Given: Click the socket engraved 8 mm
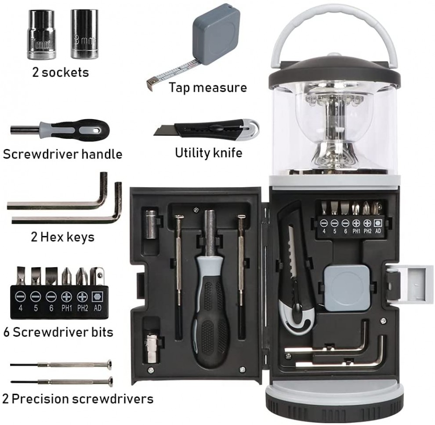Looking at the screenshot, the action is (84, 34).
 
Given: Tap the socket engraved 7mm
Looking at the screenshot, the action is (41, 34).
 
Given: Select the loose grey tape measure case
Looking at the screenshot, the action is (216, 34).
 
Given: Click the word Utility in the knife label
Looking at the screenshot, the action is (190, 153).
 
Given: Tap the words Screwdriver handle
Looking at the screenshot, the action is (62, 154).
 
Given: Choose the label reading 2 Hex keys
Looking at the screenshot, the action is (62, 237).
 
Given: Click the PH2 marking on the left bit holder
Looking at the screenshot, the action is (83, 308).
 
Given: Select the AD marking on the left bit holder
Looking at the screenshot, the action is (98, 308).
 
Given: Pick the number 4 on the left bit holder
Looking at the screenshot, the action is (20, 308).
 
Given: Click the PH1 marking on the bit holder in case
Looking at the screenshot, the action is (356, 231).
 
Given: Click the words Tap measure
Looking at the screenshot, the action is (208, 87).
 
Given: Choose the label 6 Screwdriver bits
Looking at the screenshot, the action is (58, 332).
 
